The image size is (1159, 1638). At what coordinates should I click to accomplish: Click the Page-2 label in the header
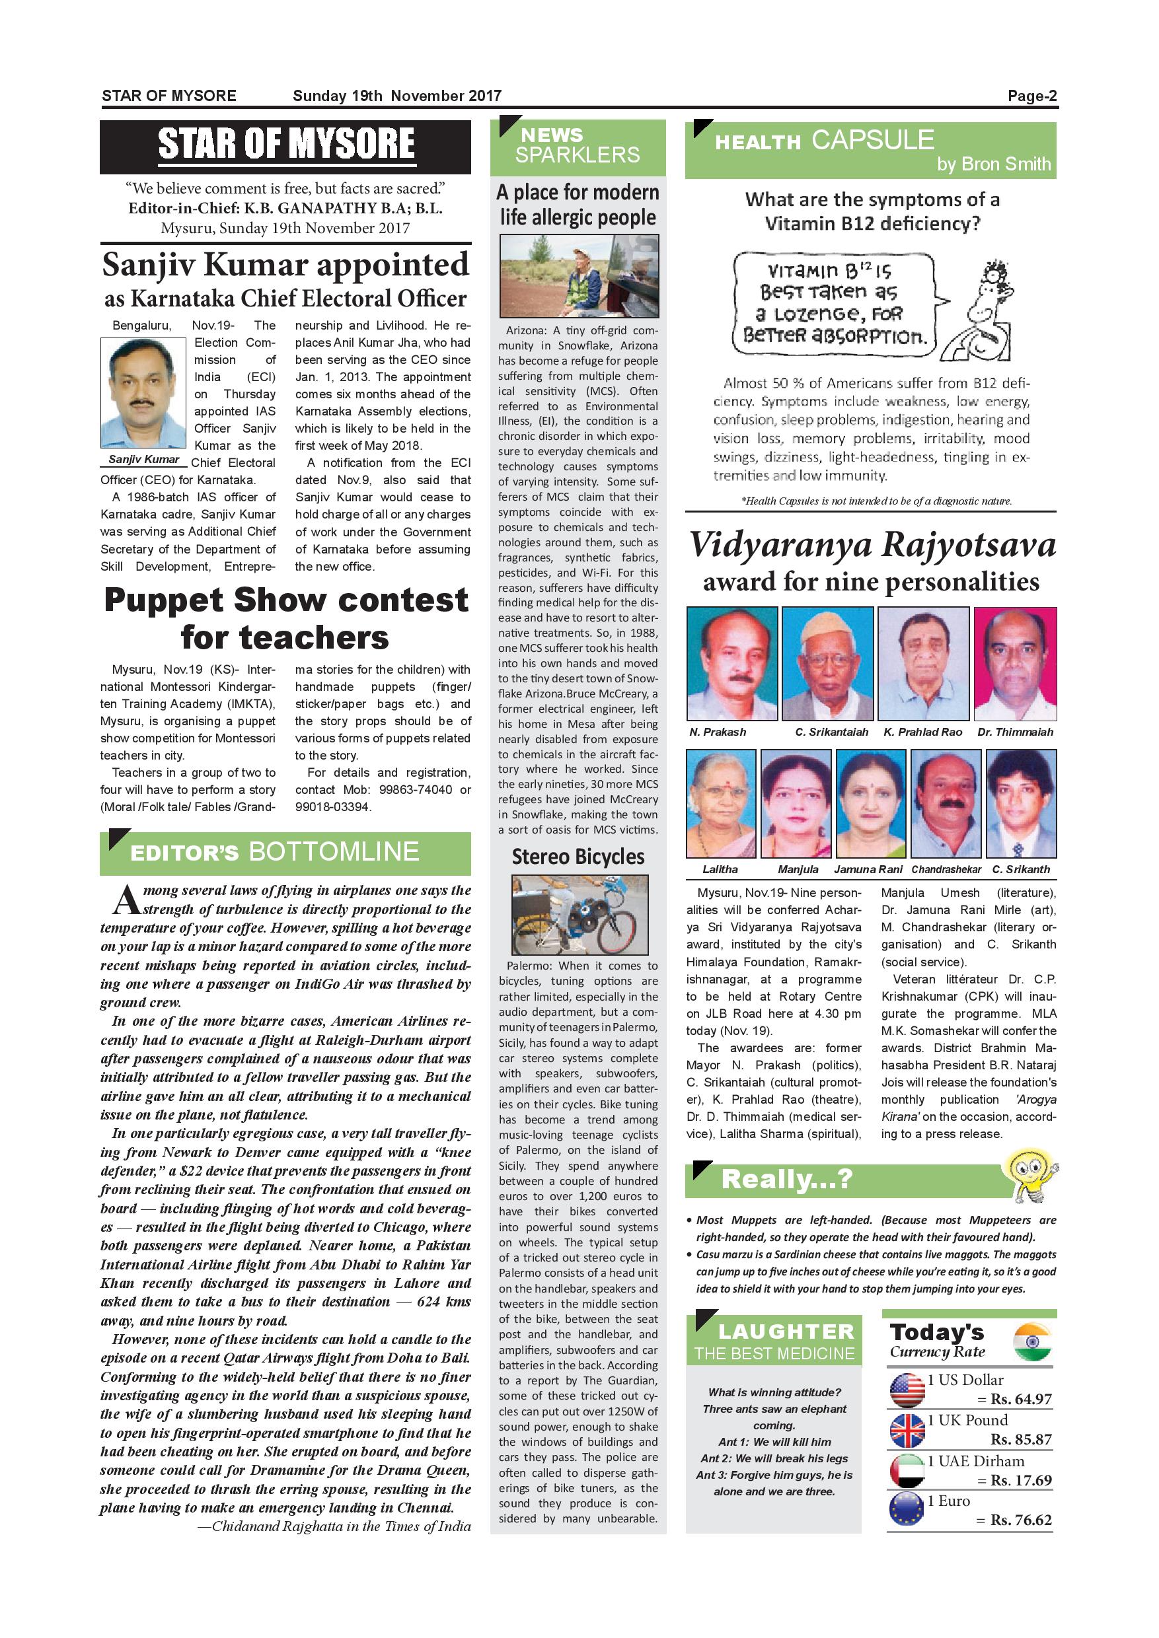tap(1031, 96)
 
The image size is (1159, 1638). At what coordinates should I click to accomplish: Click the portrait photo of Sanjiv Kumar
tap(143, 393)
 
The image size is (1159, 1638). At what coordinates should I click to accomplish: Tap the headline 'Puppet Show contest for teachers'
tap(285, 618)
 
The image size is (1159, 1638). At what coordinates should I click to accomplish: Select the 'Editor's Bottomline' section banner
tap(285, 853)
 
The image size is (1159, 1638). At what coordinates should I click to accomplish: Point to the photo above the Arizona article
tap(578, 275)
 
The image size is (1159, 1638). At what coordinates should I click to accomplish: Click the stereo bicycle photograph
tap(579, 915)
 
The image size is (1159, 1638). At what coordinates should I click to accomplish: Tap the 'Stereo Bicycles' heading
tap(578, 857)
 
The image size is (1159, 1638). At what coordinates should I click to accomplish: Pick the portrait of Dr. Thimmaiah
tap(1015, 664)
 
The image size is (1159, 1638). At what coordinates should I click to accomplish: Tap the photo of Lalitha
tap(721, 803)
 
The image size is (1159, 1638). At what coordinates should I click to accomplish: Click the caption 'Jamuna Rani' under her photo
tap(868, 870)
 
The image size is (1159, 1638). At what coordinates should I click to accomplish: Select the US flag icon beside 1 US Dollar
tap(907, 1390)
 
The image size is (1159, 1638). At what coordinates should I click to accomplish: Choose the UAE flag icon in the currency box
tap(907, 1470)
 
